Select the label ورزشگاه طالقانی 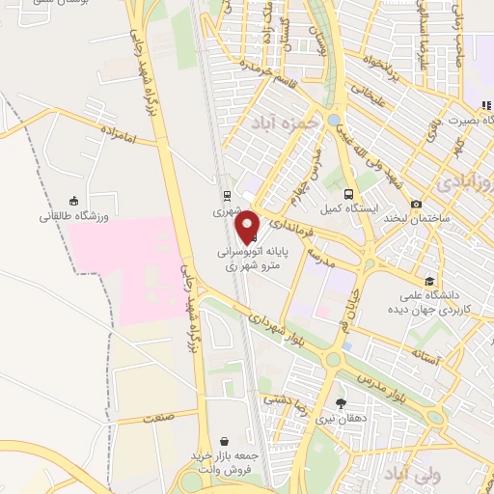(74, 216)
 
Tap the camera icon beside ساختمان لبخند (416, 205)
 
